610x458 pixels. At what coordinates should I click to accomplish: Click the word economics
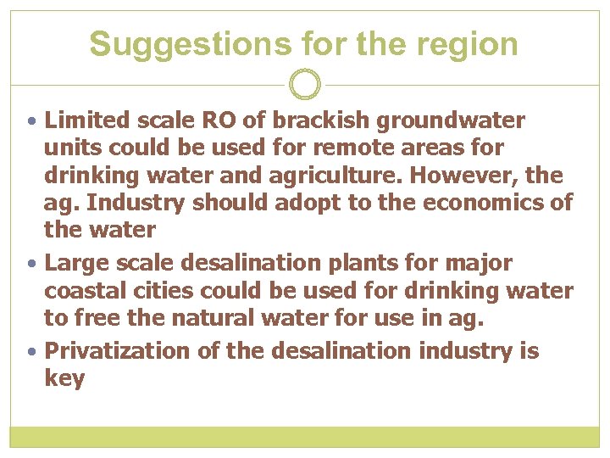[x=485, y=203]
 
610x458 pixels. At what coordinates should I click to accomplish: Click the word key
[x=64, y=378]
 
